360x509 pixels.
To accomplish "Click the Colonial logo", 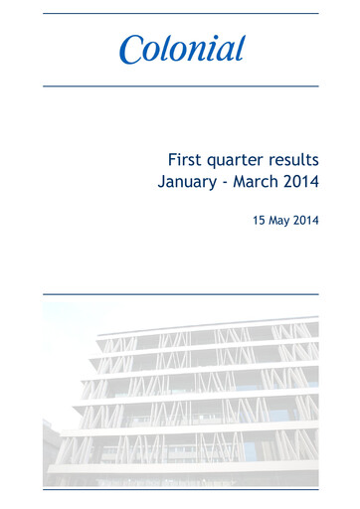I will pos(182,49).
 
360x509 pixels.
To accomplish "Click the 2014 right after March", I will pos(302,182).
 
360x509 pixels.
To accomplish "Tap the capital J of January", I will pos(162,183).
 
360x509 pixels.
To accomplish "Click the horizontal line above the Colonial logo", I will pos(180,13).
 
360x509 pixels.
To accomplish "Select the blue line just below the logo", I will pos(180,85).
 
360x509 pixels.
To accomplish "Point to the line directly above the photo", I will pos(180,294).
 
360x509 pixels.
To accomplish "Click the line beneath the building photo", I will pos(180,489).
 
